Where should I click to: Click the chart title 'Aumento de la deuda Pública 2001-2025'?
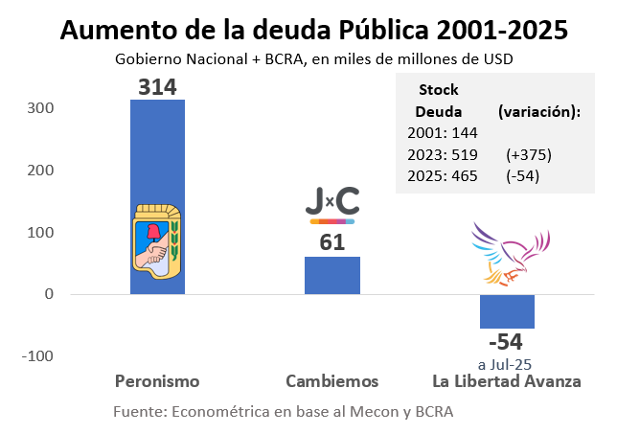point(313,30)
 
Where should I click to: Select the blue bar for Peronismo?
point(157,153)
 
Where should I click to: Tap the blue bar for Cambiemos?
point(332,275)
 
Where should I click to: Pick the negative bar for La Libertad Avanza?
point(507,311)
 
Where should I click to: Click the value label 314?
point(157,86)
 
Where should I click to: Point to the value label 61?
point(332,243)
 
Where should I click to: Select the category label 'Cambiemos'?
point(332,381)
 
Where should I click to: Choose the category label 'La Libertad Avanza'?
point(507,381)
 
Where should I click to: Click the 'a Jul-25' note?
point(504,363)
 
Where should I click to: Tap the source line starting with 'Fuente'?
point(283,411)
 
